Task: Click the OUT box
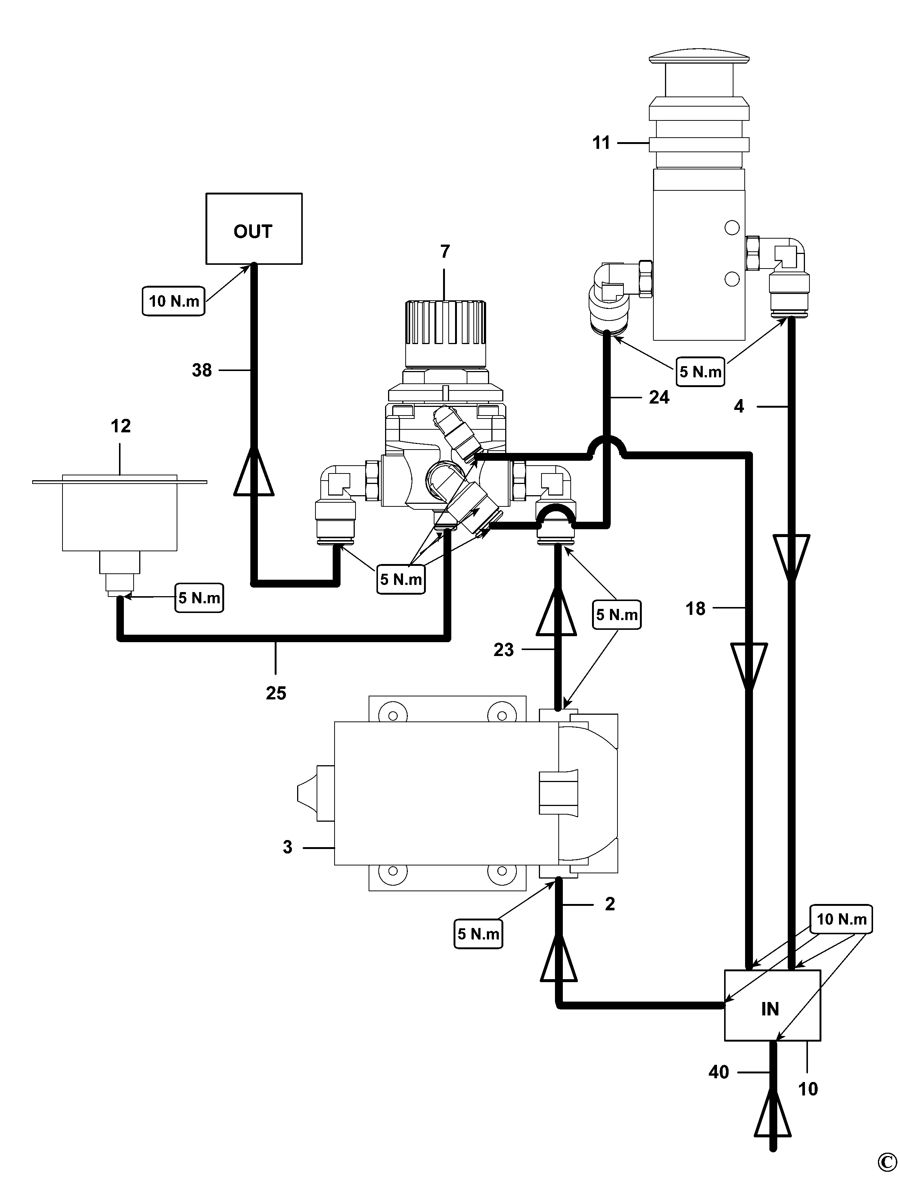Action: pyautogui.click(x=254, y=229)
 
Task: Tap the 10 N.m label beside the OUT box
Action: pyautogui.click(x=174, y=301)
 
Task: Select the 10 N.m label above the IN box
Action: pyautogui.click(x=840, y=919)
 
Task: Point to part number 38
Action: pyautogui.click(x=202, y=370)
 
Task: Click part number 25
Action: pyautogui.click(x=276, y=693)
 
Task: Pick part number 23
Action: pyautogui.click(x=504, y=650)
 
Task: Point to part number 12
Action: pyautogui.click(x=120, y=426)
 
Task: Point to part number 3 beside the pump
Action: pyautogui.click(x=288, y=847)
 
